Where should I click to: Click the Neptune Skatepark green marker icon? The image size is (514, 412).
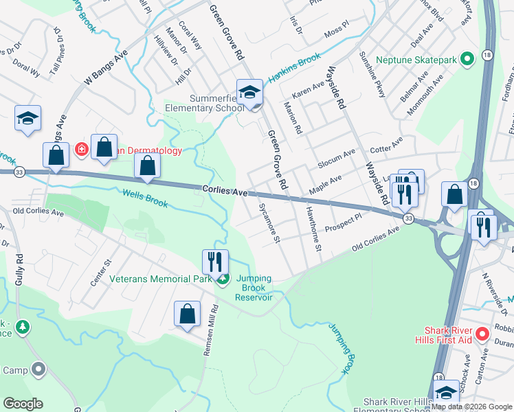[x=467, y=60]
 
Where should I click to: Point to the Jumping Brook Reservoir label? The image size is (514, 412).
[x=254, y=288]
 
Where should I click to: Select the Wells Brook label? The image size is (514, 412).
[x=145, y=198]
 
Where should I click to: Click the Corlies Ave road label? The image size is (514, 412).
[x=224, y=192]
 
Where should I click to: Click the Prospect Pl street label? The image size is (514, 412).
[x=343, y=222]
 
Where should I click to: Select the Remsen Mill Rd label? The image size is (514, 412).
[x=209, y=330]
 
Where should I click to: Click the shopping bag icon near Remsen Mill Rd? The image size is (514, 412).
[x=187, y=316]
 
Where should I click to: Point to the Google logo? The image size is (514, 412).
[x=23, y=404]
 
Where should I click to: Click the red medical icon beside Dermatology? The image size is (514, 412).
[x=81, y=149]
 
